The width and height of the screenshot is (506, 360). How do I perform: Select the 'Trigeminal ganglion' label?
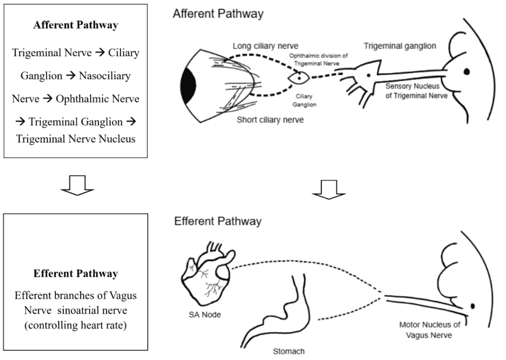(400, 46)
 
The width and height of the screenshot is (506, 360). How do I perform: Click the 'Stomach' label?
(289, 352)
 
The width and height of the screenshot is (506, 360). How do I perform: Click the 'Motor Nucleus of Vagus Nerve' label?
(422, 330)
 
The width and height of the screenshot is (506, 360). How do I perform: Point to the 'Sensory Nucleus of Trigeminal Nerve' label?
(417, 90)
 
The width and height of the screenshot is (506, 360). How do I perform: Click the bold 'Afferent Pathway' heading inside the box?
(76, 26)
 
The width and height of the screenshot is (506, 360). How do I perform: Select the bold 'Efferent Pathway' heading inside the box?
(76, 273)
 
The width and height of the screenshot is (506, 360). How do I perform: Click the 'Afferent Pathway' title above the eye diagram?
(218, 14)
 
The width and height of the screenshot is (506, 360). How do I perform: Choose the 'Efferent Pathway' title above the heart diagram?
(218, 221)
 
